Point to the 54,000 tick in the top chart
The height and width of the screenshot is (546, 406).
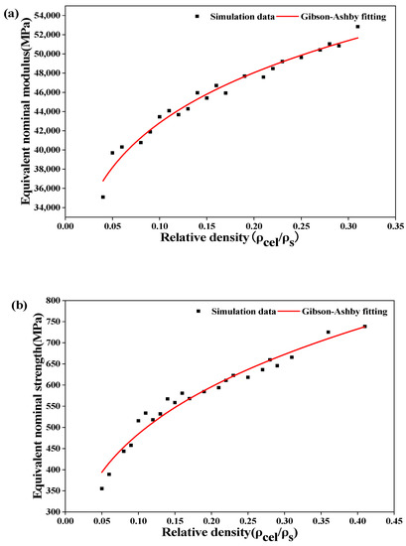(x=41, y=16)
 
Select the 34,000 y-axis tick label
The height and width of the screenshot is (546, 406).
(x=41, y=208)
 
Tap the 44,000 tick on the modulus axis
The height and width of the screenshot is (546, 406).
(x=41, y=112)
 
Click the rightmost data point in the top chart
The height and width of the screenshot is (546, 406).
(x=357, y=27)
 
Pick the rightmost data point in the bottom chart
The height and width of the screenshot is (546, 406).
(x=364, y=326)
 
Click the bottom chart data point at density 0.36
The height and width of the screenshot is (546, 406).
(x=328, y=333)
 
